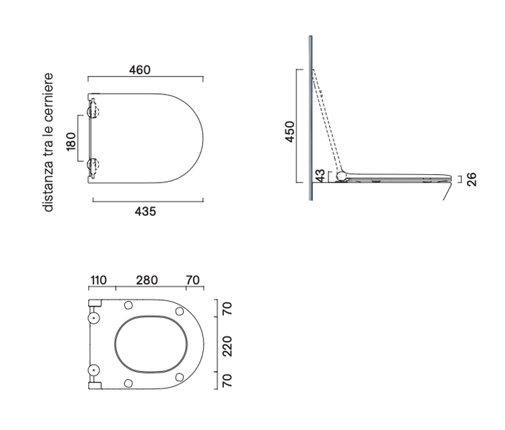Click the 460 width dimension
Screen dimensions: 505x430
pos(140,70)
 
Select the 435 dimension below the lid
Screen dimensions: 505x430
pos(145,211)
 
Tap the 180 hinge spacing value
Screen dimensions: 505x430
pos(71,141)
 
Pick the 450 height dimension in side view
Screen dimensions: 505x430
pos(290,131)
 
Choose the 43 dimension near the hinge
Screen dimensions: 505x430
pos(320,176)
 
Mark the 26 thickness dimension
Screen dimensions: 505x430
pos(471,179)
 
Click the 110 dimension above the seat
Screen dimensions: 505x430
pos(98,280)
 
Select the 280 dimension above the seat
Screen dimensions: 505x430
pos(147,280)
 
